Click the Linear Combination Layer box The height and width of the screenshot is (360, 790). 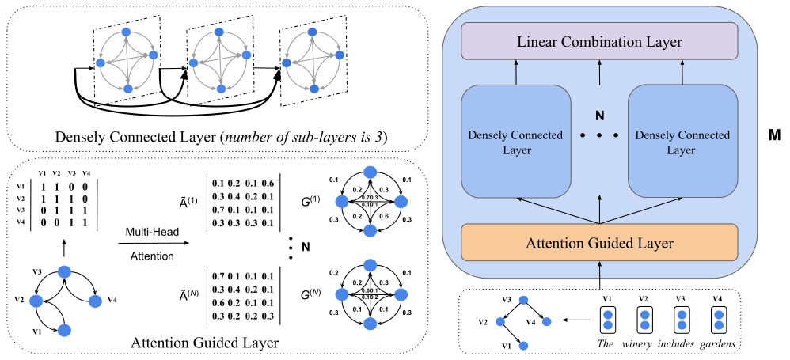tap(599, 40)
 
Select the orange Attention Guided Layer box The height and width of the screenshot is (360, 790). tap(599, 244)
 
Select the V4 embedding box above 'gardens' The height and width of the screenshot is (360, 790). tap(719, 319)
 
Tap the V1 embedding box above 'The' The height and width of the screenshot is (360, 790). tap(607, 319)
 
